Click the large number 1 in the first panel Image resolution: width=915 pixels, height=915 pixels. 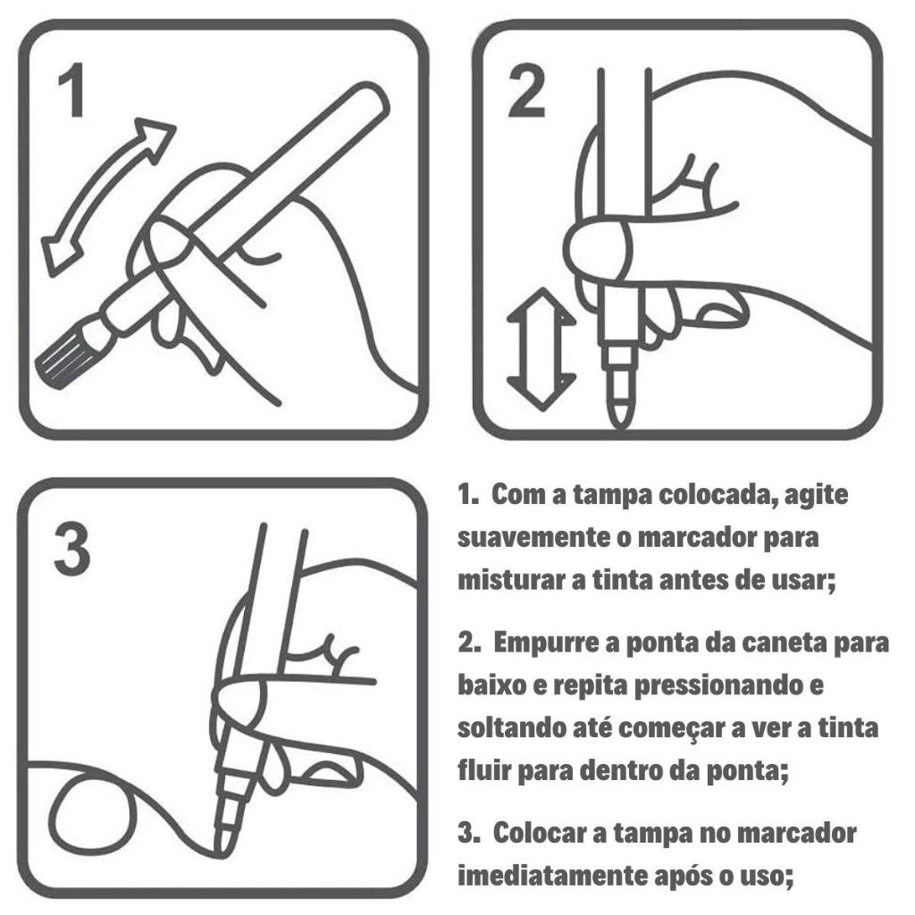[x=73, y=89]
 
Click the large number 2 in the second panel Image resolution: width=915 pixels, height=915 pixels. [x=527, y=90]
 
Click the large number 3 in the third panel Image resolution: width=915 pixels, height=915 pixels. [x=72, y=548]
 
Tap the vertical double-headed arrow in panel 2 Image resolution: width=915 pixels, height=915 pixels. [x=541, y=349]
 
